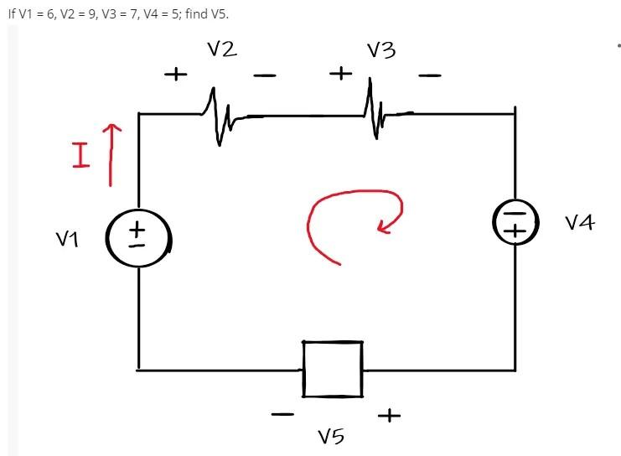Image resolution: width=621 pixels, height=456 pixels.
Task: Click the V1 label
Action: tap(67, 240)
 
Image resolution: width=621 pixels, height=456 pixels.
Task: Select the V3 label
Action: tap(381, 51)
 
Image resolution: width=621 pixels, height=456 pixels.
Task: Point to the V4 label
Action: tap(579, 222)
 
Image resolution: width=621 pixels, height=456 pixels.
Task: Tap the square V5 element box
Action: tap(333, 369)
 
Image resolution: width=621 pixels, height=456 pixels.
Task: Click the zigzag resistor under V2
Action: tap(219, 116)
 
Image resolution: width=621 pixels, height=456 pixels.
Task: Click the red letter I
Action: tap(80, 156)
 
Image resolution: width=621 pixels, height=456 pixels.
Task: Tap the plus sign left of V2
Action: tap(175, 75)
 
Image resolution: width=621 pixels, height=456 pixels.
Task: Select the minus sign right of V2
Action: tap(264, 76)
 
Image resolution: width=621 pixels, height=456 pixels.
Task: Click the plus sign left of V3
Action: tap(339, 74)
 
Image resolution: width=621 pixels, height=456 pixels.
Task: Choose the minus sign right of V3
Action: tap(429, 76)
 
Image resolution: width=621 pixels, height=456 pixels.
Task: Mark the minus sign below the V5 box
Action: tap(282, 414)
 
